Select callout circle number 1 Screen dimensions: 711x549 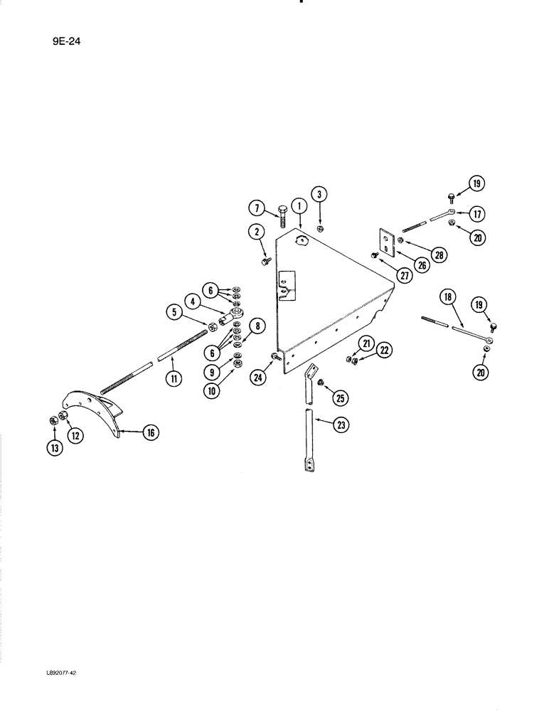coord(299,206)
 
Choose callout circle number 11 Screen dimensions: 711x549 coord(174,378)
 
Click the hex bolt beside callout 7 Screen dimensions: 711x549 coord(280,213)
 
